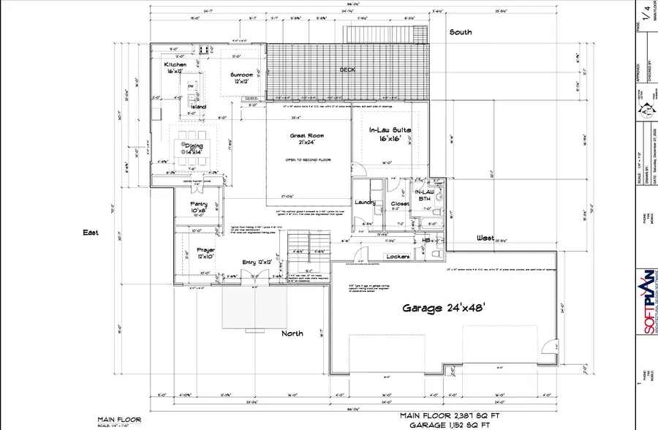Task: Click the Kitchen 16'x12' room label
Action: pyautogui.click(x=175, y=69)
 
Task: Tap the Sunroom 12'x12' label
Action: pyautogui.click(x=241, y=78)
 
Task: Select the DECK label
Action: pyautogui.click(x=347, y=70)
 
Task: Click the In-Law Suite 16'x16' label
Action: pyautogui.click(x=391, y=134)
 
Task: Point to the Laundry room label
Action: pyautogui.click(x=365, y=203)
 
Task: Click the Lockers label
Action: pyautogui.click(x=397, y=257)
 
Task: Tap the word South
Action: pyautogui.click(x=461, y=32)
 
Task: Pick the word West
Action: pyautogui.click(x=485, y=238)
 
